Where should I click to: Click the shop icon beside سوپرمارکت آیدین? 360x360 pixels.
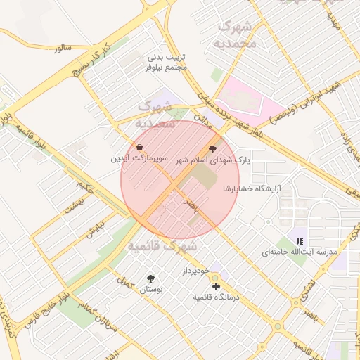(x=140, y=148)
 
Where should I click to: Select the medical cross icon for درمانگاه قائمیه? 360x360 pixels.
(x=216, y=286)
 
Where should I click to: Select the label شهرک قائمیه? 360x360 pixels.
(x=161, y=247)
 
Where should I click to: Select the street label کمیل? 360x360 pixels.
(x=126, y=281)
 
